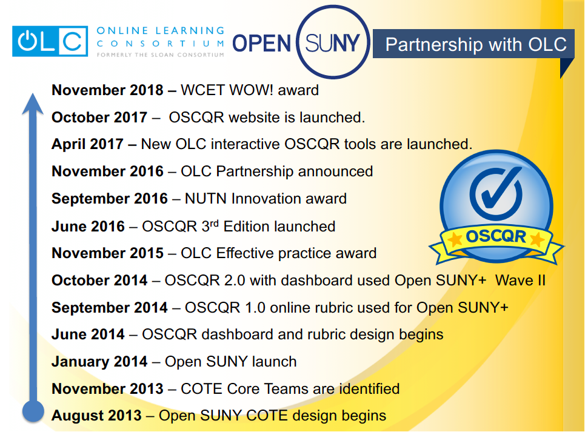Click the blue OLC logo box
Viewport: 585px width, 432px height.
click(x=50, y=41)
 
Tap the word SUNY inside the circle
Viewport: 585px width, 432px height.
click(x=332, y=43)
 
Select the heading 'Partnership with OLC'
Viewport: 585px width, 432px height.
click(x=476, y=44)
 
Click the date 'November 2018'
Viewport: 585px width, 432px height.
click(x=107, y=90)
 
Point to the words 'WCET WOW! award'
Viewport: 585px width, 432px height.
click(x=250, y=90)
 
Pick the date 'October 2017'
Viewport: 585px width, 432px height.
click(x=99, y=118)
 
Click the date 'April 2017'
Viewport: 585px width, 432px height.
click(x=87, y=144)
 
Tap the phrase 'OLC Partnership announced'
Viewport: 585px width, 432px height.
click(x=277, y=171)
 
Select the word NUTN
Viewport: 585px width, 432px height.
click(x=206, y=199)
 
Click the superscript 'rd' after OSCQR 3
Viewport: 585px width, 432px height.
click(x=214, y=223)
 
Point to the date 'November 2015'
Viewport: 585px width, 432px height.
click(x=107, y=253)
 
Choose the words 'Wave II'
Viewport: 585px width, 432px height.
click(x=521, y=281)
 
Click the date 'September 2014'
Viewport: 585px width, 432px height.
click(x=110, y=308)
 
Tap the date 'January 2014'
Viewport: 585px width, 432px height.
click(x=99, y=362)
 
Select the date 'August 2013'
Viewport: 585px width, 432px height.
click(x=96, y=416)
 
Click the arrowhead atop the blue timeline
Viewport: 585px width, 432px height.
click(x=33, y=104)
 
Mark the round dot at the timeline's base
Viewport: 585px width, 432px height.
click(x=33, y=411)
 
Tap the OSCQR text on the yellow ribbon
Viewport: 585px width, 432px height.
click(x=496, y=237)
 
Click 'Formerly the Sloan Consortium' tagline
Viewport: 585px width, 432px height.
click(x=161, y=55)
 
